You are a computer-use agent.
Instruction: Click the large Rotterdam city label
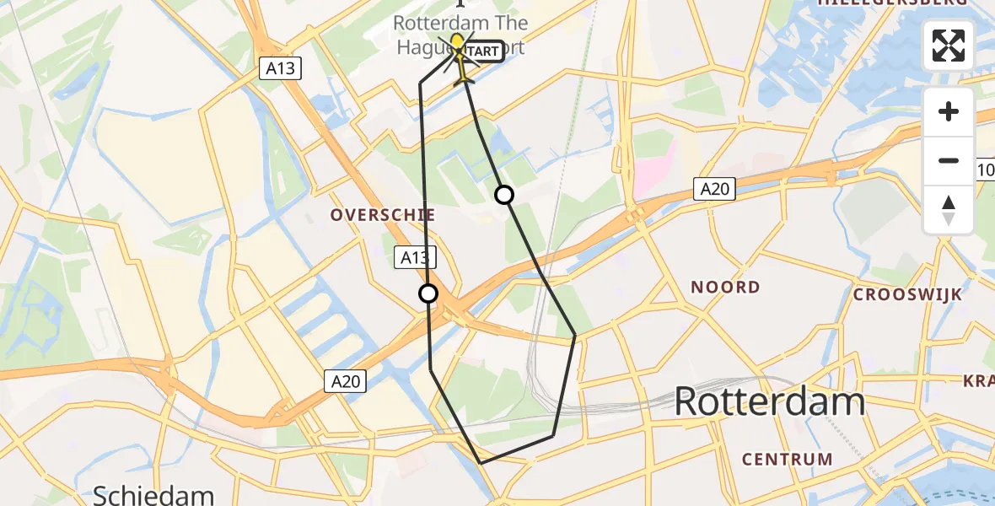click(769, 402)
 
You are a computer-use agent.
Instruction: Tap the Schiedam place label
click(153, 495)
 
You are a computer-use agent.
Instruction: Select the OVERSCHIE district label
click(383, 215)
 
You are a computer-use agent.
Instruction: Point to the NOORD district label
click(725, 288)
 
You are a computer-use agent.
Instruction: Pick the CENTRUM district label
click(788, 460)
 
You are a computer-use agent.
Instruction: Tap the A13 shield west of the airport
click(280, 68)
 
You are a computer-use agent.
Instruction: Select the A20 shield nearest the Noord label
click(713, 189)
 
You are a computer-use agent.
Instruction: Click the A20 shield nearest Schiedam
click(346, 381)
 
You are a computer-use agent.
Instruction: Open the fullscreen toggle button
click(949, 46)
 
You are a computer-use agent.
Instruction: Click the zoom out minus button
click(949, 160)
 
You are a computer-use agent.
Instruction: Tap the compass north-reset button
click(949, 209)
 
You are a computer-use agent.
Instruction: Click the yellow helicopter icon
click(459, 50)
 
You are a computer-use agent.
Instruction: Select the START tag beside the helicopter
click(484, 51)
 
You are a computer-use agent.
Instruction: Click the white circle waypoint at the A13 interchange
click(428, 293)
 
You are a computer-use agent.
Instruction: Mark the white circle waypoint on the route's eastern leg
click(504, 196)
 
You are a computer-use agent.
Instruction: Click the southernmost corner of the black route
click(481, 463)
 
